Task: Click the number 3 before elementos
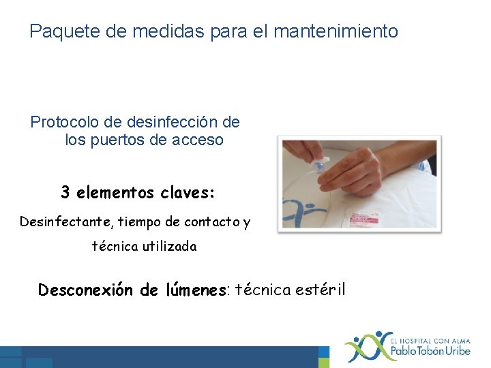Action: (x=65, y=193)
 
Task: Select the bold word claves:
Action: (x=188, y=193)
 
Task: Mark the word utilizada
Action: (x=169, y=247)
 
